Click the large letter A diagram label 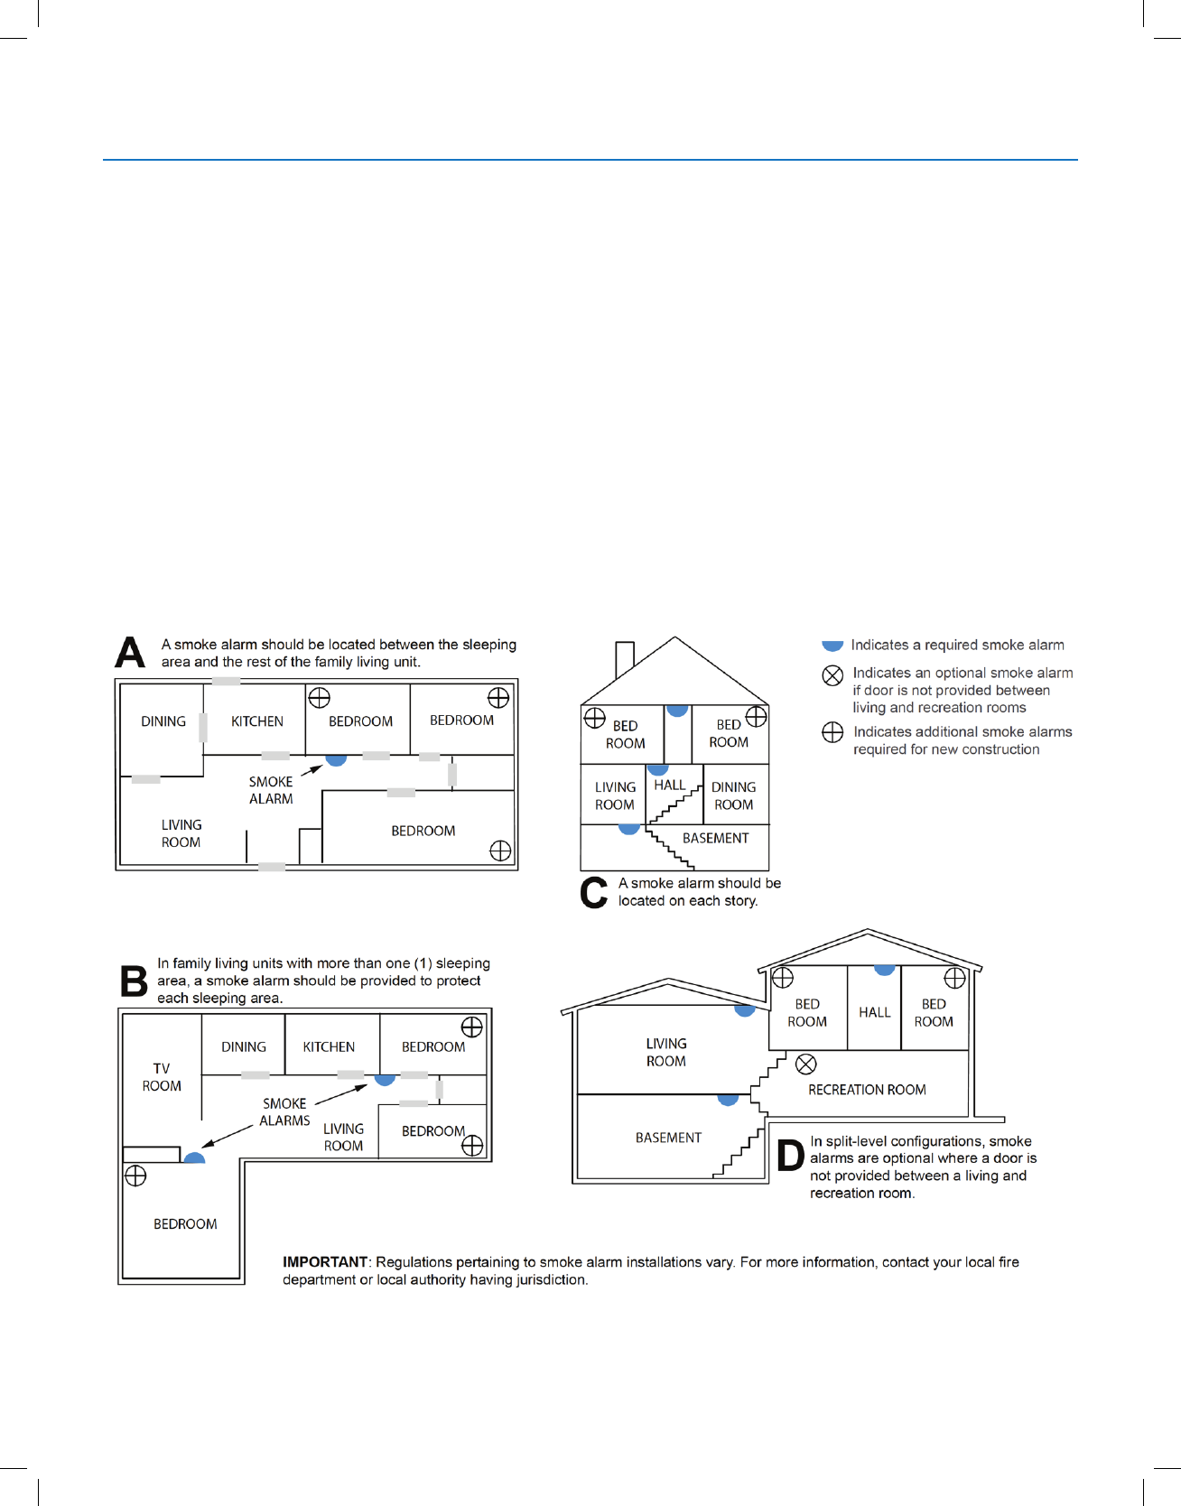point(130,652)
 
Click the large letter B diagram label point(134,981)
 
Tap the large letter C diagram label point(593,892)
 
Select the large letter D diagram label point(790,1157)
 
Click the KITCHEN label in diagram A point(257,721)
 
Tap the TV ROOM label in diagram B point(162,1077)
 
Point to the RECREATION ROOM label point(867,1090)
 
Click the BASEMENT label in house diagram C point(715,838)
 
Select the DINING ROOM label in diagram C point(733,795)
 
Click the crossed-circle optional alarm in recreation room point(806,1064)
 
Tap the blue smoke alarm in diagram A point(336,760)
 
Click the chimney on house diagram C point(624,657)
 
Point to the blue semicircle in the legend point(832,646)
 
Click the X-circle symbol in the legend point(832,675)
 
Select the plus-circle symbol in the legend point(832,732)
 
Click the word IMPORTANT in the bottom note point(325,1262)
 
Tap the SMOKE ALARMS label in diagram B point(284,1112)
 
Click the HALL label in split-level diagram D point(874,1012)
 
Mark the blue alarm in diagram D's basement point(728,1100)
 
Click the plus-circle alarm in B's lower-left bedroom point(135,1176)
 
